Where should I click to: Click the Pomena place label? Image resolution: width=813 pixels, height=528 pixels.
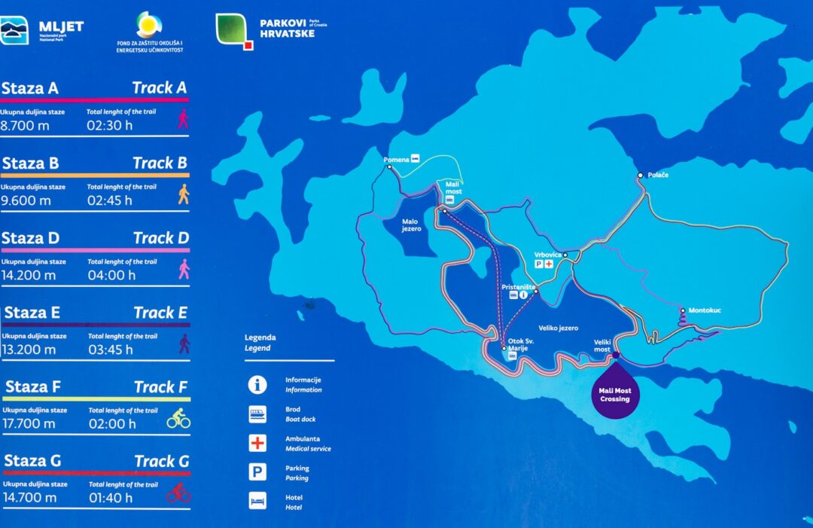tap(396, 160)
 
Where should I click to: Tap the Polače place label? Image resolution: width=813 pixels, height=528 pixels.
tap(658, 175)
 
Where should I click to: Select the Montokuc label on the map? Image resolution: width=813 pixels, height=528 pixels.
tap(704, 310)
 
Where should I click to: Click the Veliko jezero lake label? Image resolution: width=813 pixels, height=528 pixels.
tap(558, 328)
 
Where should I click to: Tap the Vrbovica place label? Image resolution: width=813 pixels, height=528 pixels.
tap(547, 255)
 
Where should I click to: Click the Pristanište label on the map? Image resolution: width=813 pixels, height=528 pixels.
tap(518, 287)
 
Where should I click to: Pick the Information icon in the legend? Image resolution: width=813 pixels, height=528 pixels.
tap(257, 385)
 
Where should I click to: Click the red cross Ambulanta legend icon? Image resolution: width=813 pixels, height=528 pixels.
tap(257, 443)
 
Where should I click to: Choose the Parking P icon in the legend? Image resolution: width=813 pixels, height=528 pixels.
tap(257, 472)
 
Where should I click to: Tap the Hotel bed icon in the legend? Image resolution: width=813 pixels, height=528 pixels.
tap(257, 502)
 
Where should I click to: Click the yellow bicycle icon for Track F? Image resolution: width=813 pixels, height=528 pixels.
tap(178, 418)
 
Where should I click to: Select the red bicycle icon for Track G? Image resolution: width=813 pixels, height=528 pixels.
tap(178, 493)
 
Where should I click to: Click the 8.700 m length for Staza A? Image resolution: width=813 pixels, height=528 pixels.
tap(25, 126)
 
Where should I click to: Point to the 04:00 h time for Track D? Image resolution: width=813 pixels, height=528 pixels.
tap(111, 275)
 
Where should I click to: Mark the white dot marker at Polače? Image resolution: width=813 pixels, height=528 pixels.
tap(641, 175)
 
